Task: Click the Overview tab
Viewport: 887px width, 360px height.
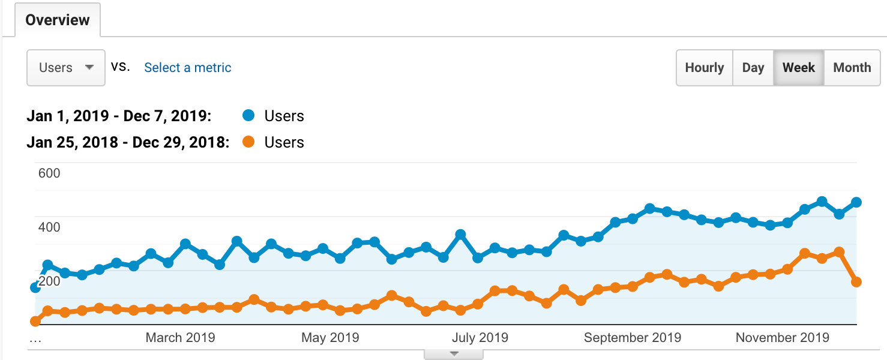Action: coord(57,20)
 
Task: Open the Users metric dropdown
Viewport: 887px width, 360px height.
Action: coord(66,68)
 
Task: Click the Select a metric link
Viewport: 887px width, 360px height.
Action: coord(187,68)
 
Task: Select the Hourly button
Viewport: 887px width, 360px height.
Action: coord(704,68)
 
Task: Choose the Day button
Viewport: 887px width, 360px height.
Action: coord(753,68)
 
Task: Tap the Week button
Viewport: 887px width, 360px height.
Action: coord(798,68)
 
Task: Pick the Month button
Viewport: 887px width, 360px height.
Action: coord(852,68)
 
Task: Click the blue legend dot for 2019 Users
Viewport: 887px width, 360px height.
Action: coord(247,116)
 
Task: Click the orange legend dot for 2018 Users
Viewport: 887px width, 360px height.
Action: coord(247,142)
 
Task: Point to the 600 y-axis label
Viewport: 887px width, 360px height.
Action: coord(49,173)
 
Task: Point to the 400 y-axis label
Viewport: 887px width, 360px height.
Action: coord(49,227)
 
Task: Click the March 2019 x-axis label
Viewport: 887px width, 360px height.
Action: coord(180,337)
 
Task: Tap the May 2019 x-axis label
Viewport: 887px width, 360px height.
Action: coord(330,337)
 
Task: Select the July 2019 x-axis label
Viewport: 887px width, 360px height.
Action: coord(480,337)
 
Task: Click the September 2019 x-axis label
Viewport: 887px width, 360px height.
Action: coord(633,337)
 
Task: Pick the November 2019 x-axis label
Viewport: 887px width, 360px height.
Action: coord(782,337)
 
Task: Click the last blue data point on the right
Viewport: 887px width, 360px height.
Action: coord(856,202)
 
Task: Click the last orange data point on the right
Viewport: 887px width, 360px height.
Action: coord(856,282)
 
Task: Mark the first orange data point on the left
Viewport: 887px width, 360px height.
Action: coord(35,321)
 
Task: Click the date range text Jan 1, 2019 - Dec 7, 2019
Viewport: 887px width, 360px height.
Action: coord(119,116)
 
